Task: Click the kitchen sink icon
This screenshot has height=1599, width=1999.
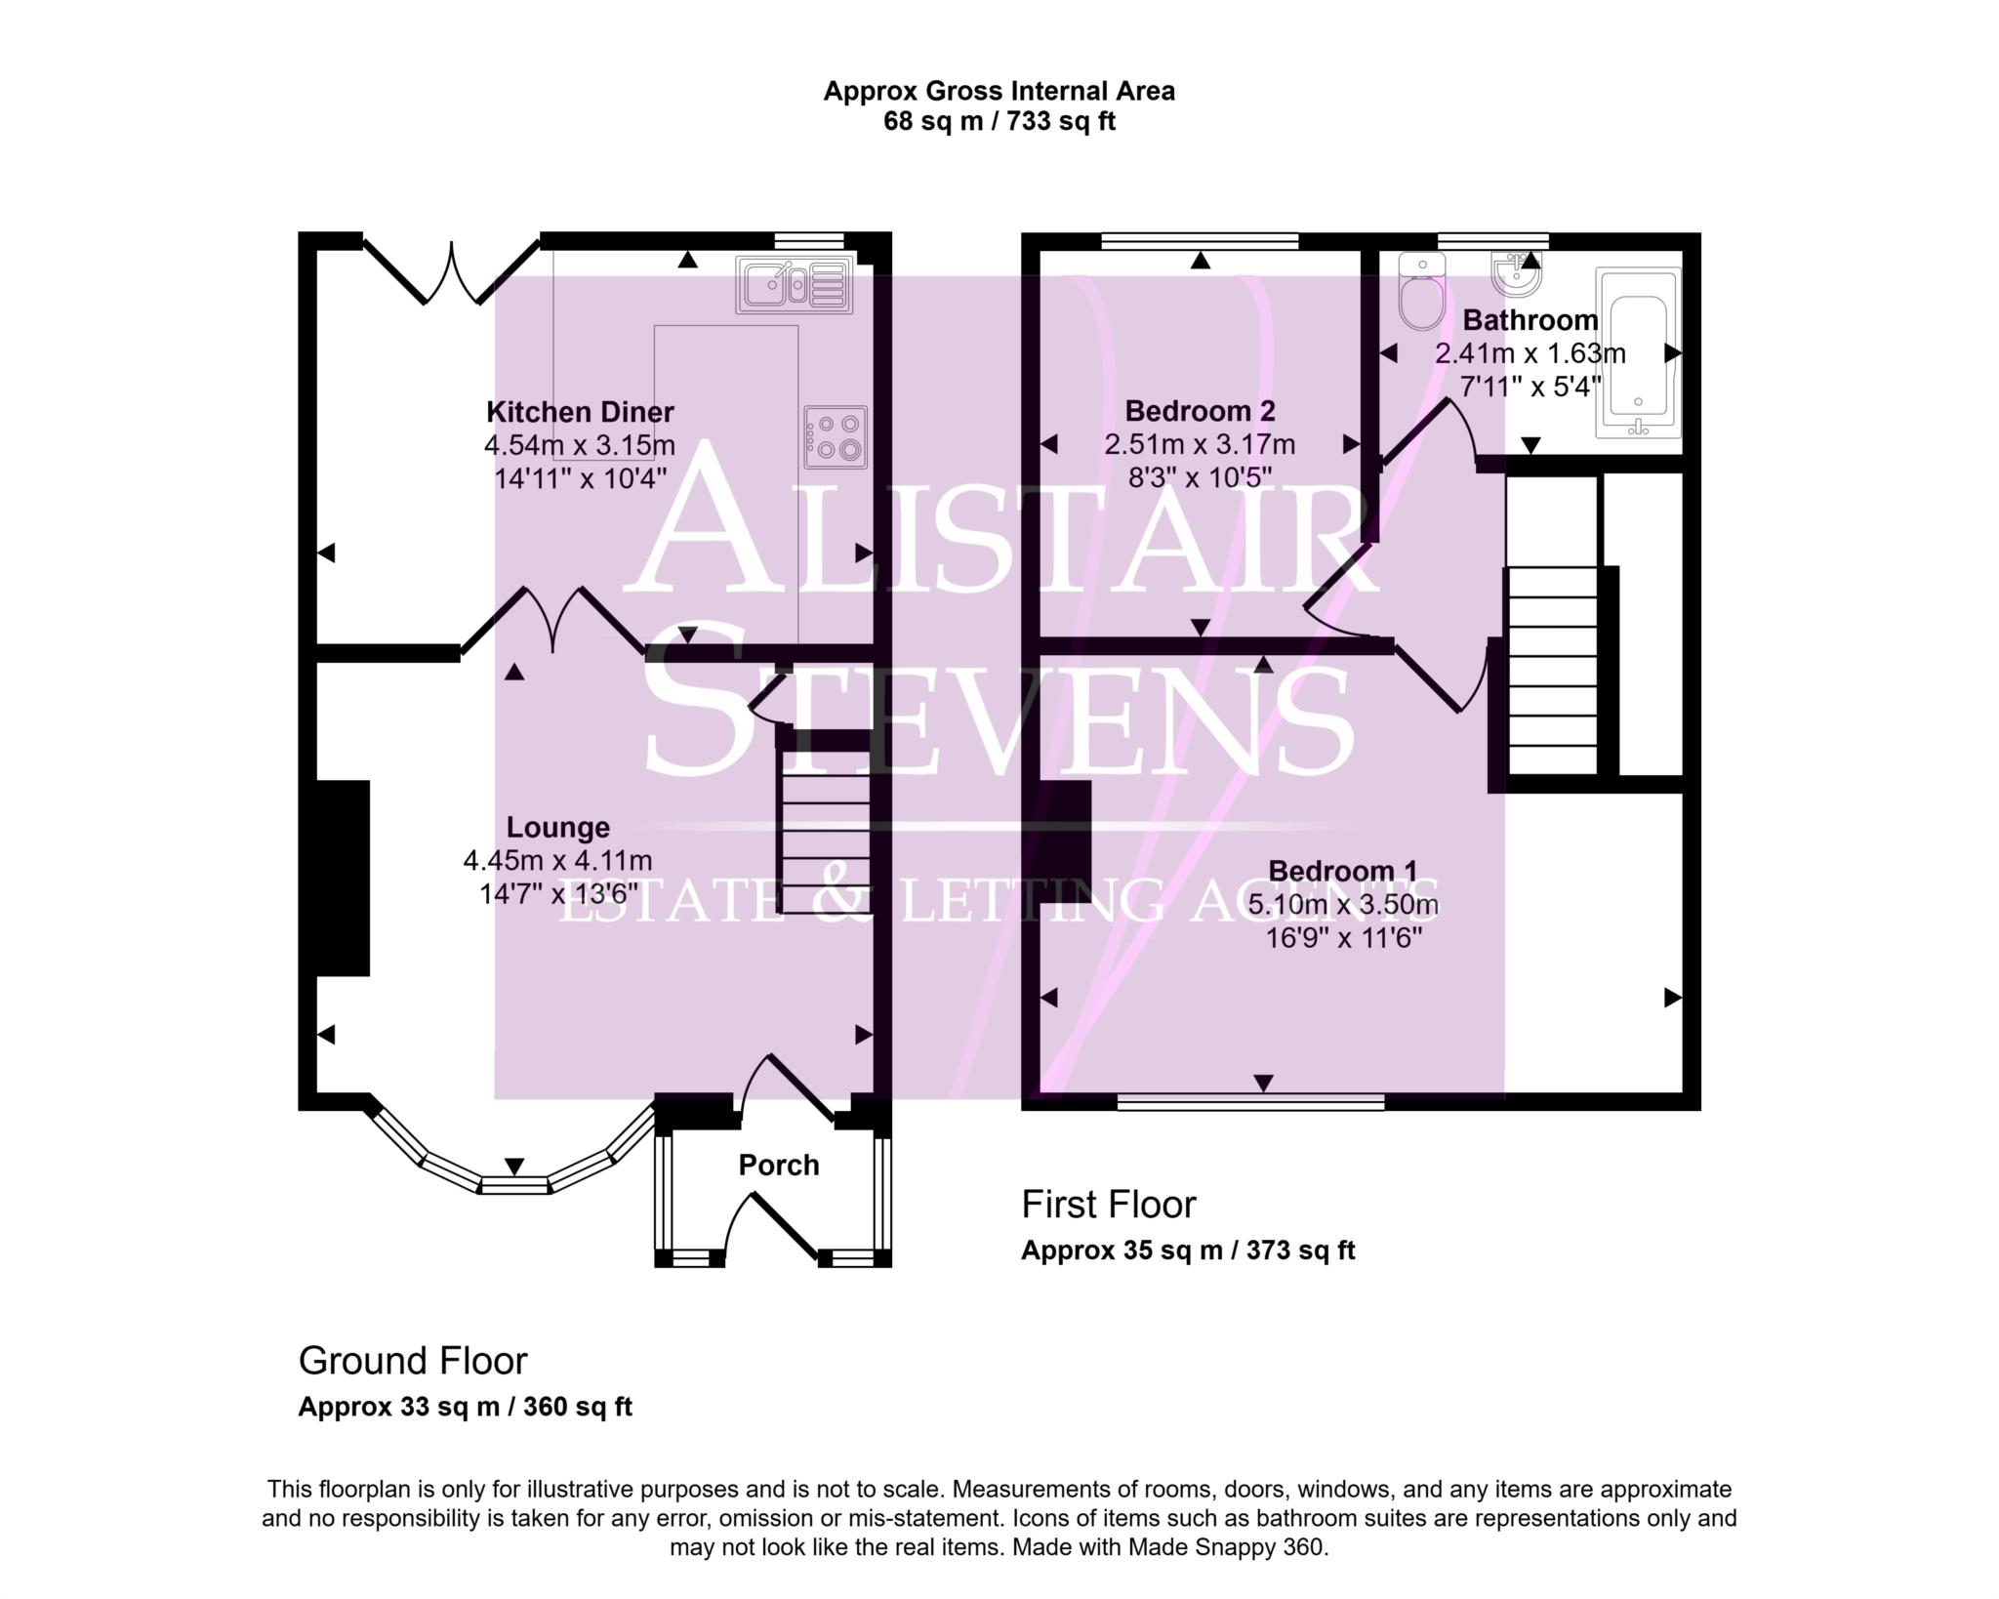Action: click(794, 285)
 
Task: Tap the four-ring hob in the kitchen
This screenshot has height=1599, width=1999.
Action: click(836, 437)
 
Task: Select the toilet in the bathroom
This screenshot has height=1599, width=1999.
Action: click(1421, 291)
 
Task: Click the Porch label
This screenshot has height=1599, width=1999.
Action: click(778, 1165)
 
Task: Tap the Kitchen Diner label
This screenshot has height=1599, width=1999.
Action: click(580, 412)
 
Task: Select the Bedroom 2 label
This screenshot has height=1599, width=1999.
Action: click(1200, 411)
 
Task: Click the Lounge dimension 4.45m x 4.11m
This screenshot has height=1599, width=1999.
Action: click(557, 861)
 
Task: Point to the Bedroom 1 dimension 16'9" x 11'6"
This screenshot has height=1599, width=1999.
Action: click(1343, 938)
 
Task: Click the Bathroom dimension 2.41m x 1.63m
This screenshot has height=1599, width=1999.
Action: click(1530, 353)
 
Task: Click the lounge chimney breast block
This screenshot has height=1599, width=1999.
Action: click(343, 877)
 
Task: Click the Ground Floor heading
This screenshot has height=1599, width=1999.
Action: click(412, 1361)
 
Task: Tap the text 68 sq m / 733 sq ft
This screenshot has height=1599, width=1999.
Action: click(999, 121)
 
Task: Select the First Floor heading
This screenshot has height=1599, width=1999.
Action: click(1108, 1205)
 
